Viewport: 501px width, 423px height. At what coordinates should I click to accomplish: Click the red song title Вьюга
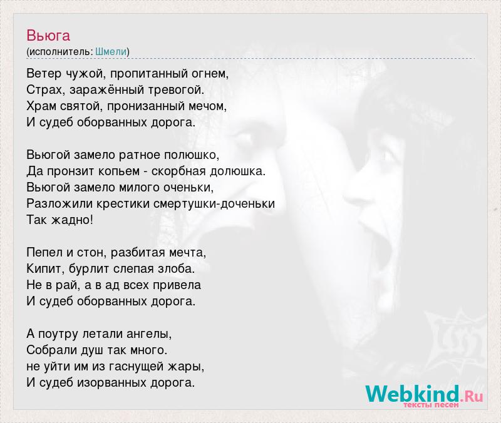pos(48,35)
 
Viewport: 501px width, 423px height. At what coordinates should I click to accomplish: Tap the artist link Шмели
pos(111,51)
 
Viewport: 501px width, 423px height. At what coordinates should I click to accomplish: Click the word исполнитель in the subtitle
pos(59,52)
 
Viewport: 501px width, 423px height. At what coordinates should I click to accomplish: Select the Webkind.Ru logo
pos(424,395)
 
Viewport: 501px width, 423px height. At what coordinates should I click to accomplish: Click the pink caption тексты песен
pos(431,405)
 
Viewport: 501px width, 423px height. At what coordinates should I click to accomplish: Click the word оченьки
pos(189,187)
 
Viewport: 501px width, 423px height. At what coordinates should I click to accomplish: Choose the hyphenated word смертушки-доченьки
pos(214,204)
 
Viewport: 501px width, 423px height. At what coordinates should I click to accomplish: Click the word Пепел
pos(44,253)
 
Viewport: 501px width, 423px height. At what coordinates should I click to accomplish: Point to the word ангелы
pos(149,334)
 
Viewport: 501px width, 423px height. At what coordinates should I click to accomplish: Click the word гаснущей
pos(137,367)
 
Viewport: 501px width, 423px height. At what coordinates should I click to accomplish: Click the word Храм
pos(41,106)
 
